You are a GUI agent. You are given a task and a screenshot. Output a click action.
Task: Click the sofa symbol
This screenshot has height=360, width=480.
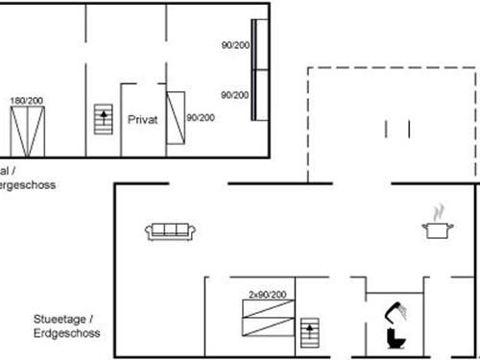[170, 230]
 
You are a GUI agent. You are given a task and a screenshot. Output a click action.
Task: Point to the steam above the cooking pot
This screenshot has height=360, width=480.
[438, 210]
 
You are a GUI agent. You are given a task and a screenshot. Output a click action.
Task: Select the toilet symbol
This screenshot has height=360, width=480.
[395, 339]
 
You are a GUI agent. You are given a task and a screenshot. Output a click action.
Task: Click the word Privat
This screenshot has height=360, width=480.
[142, 119]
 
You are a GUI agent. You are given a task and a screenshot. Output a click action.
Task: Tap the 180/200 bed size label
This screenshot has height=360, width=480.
[26, 101]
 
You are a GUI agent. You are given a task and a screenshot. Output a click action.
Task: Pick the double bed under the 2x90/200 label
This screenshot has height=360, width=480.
[268, 318]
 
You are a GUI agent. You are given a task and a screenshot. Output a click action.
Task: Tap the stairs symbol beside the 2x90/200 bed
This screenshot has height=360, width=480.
[309, 334]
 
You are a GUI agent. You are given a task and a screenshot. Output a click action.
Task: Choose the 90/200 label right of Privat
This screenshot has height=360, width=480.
[201, 118]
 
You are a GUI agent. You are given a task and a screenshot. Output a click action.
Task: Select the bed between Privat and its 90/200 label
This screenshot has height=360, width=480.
[175, 118]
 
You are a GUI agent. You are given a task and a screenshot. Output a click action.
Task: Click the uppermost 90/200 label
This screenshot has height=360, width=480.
[234, 46]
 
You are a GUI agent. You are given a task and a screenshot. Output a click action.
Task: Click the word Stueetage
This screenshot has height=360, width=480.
[59, 318]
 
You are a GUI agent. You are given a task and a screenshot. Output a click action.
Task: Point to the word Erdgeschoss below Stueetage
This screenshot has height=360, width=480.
[66, 332]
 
